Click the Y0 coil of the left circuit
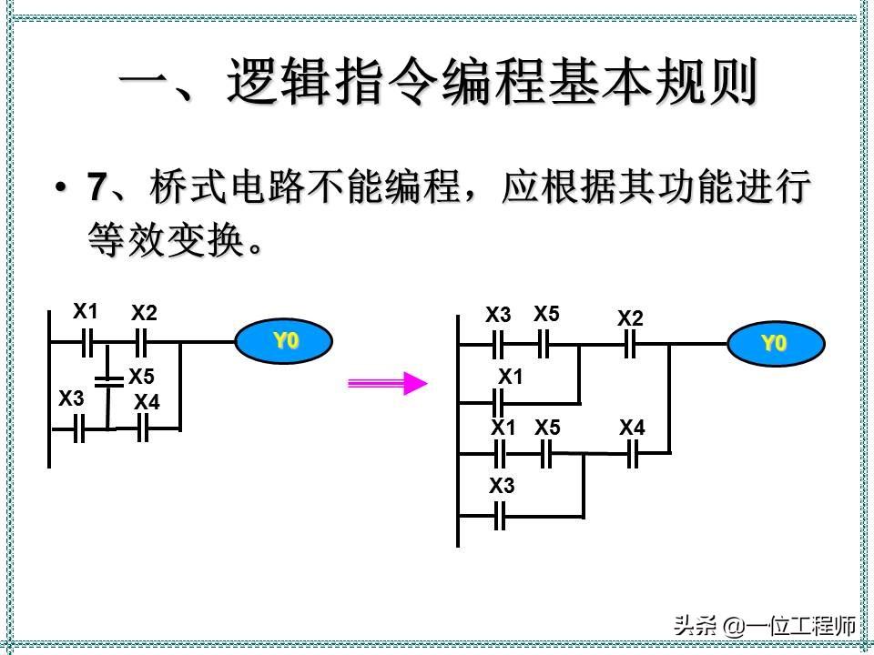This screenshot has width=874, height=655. pyautogui.click(x=284, y=342)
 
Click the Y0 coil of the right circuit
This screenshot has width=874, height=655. pyautogui.click(x=775, y=344)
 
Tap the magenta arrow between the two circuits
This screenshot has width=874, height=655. pyautogui.click(x=388, y=383)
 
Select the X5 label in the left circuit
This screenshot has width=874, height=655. pyautogui.click(x=141, y=376)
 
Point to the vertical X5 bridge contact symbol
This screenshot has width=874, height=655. pyautogui.click(x=108, y=381)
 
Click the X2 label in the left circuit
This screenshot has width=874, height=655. pyautogui.click(x=144, y=314)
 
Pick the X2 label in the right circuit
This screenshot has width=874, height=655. pyautogui.click(x=630, y=318)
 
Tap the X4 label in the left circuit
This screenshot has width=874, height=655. pyautogui.click(x=147, y=401)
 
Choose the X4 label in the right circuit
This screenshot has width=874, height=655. pyautogui.click(x=633, y=427)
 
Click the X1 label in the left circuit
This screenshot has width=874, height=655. pyautogui.click(x=86, y=312)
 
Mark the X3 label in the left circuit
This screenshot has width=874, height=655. pyautogui.click(x=71, y=398)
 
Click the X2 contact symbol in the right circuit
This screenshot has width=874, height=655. pyautogui.click(x=629, y=345)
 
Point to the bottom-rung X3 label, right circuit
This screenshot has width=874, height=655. pyautogui.click(x=502, y=487)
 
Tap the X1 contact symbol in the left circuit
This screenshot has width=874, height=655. pyautogui.click(x=86, y=342)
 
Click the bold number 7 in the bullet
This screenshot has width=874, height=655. pyautogui.click(x=97, y=188)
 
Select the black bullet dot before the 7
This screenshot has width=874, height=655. pyautogui.click(x=61, y=188)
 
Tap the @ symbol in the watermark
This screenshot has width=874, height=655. pyautogui.click(x=734, y=626)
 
